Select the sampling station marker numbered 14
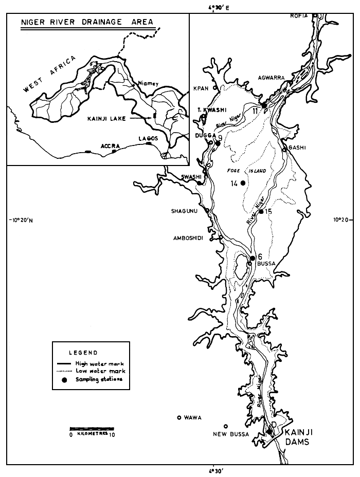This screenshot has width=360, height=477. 243,183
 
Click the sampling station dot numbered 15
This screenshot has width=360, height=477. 261,211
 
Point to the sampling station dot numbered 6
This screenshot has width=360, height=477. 253,258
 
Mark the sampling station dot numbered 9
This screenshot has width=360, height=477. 218,143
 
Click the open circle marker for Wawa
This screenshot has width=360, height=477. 179,417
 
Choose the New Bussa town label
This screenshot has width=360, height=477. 231,434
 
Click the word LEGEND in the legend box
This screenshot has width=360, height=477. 82,353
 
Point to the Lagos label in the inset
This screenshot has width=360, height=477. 148,138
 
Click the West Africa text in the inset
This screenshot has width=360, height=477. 49,74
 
